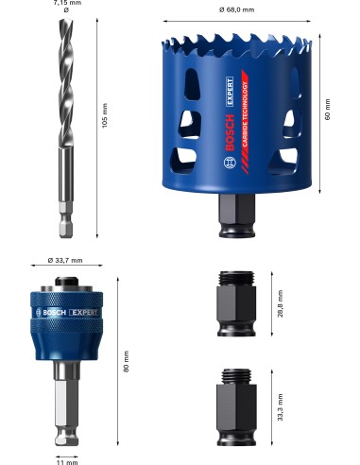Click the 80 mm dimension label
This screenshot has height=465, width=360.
[128, 361]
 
